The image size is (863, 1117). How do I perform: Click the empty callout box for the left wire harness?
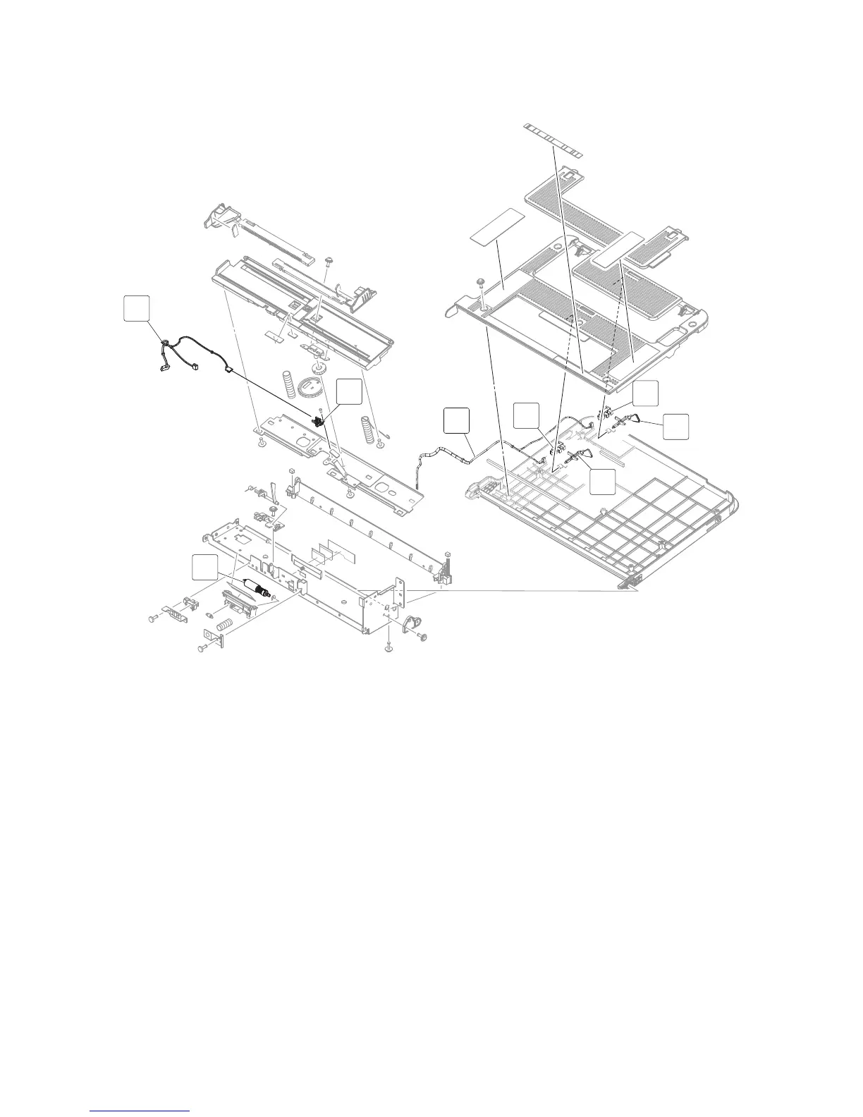[137, 310]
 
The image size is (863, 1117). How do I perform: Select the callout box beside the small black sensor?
[349, 393]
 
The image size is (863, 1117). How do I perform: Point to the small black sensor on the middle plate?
[318, 422]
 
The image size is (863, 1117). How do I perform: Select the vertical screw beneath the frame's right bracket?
[388, 645]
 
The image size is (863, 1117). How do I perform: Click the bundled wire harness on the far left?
[176, 353]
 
